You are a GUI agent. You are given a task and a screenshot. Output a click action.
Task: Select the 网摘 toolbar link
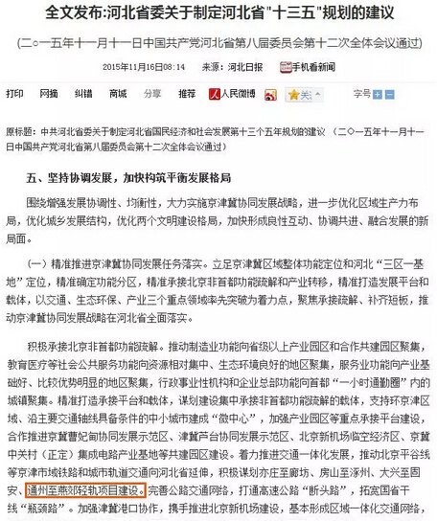pyautogui.click(x=49, y=96)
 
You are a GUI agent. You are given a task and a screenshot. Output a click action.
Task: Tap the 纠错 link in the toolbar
pyautogui.click(x=83, y=96)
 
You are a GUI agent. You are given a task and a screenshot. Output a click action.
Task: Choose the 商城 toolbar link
pyautogui.click(x=118, y=96)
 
